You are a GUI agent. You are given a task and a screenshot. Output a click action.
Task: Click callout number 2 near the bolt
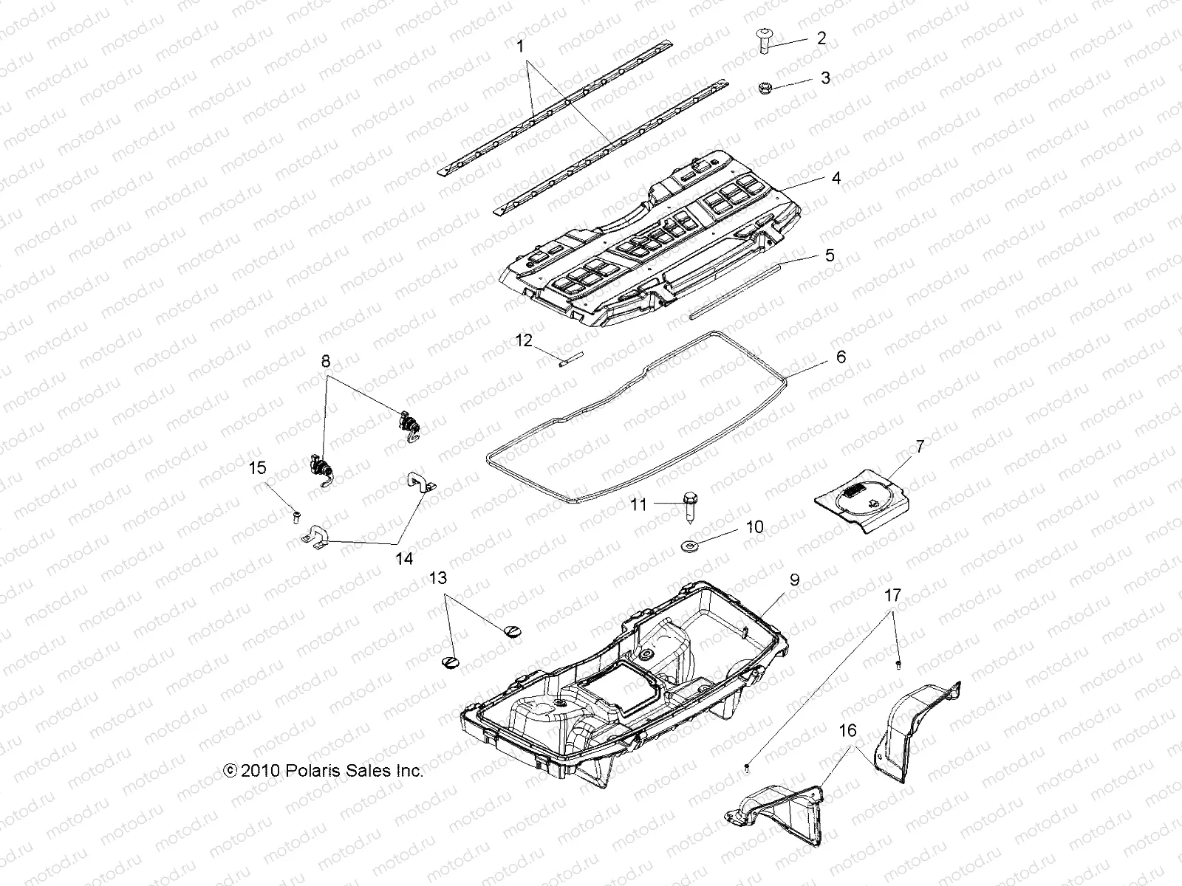point(821,38)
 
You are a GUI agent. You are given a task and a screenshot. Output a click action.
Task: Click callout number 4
point(836,179)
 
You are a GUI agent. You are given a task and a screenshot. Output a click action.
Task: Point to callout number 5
point(830,255)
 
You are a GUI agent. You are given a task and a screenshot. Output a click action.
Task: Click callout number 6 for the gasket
point(840,357)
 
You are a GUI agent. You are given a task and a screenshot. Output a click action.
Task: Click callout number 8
point(326,362)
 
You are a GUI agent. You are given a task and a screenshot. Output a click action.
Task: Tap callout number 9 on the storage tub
point(794,580)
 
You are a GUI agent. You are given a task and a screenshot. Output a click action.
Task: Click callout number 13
point(438,578)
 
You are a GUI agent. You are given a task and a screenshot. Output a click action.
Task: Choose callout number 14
point(403,558)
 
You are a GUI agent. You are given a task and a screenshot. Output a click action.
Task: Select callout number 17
point(892,594)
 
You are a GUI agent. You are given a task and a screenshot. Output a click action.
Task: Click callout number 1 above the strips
point(520,46)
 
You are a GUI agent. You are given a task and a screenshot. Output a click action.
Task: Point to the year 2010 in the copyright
point(258,771)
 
